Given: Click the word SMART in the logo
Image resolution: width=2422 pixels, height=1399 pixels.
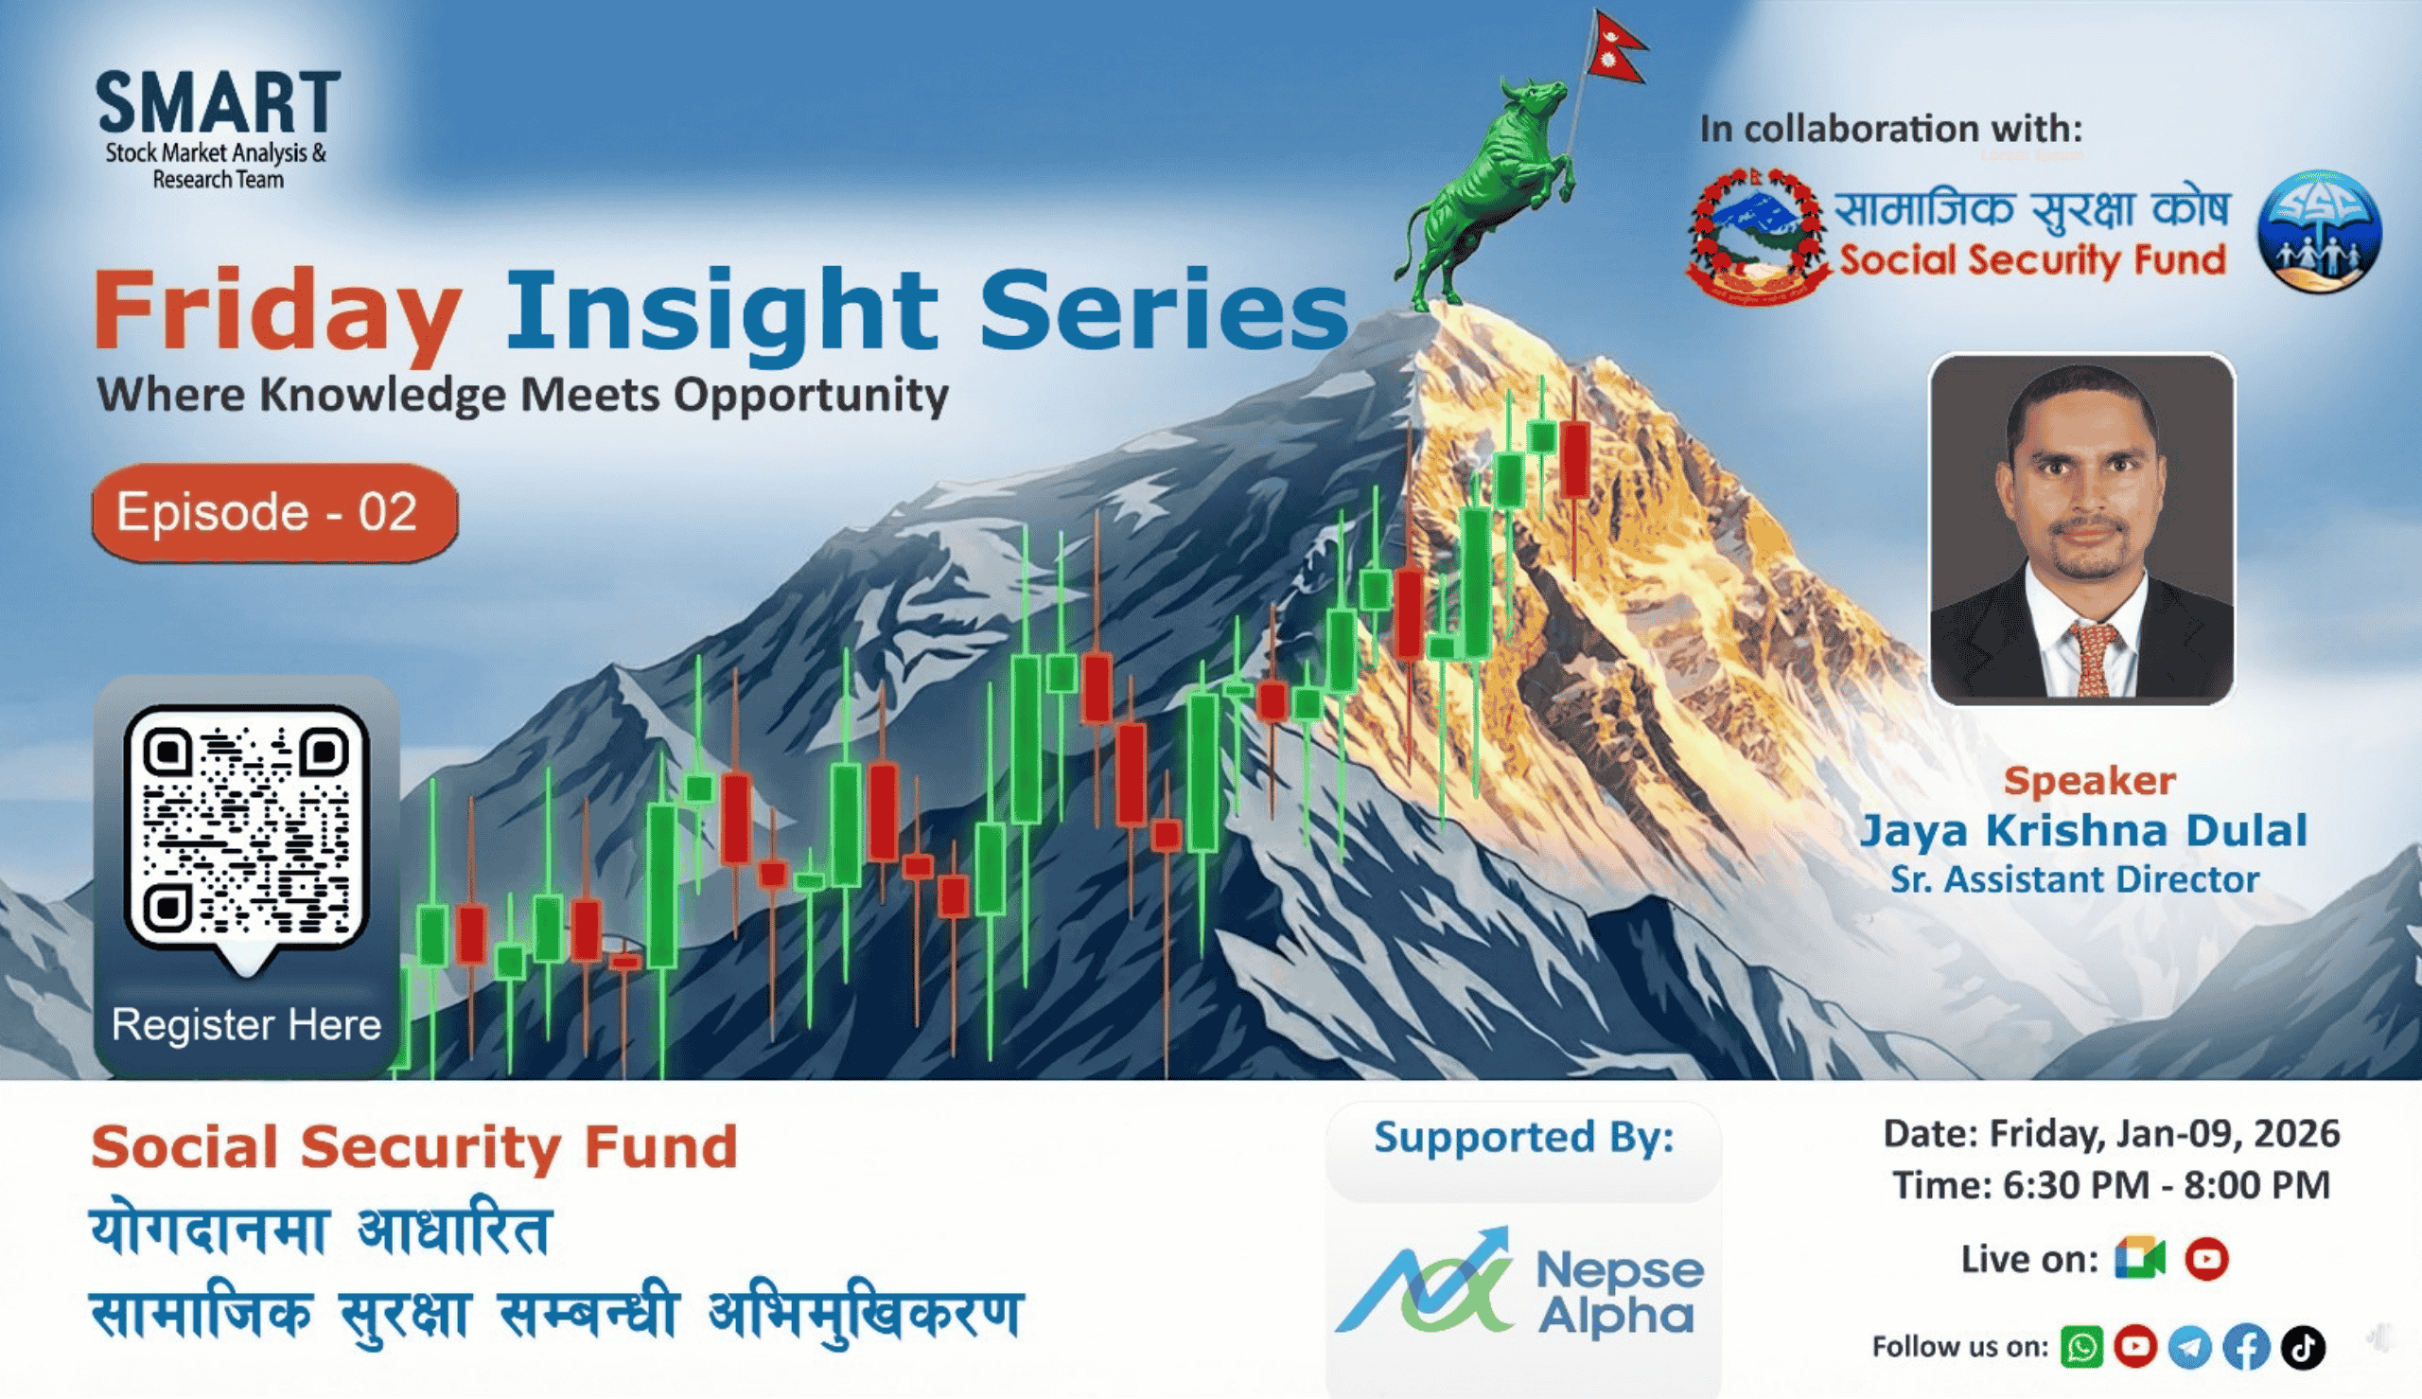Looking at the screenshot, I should tap(218, 103).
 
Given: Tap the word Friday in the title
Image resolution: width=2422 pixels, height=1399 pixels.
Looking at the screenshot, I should tap(277, 311).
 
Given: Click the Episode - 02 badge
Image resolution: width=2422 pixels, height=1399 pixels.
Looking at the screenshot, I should tap(274, 512).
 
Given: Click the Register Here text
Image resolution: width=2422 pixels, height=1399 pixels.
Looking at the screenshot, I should tap(246, 1024).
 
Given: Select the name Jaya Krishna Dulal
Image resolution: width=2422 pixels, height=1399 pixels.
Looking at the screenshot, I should tap(2083, 831).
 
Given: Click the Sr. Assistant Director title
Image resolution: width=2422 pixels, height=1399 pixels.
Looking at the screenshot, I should tap(2075, 880).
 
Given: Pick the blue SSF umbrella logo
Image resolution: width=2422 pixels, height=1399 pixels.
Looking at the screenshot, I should tap(2318, 231).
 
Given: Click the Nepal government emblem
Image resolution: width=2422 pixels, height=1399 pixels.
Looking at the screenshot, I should tap(1759, 236).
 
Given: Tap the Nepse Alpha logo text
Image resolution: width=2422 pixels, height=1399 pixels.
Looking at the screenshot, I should tap(1619, 1292).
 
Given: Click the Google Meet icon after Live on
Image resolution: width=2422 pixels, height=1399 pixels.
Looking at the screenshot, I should tap(2140, 1259).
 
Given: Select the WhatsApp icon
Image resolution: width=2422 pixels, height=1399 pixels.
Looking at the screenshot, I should tap(2081, 1346).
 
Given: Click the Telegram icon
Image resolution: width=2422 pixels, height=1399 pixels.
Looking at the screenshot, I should tap(2190, 1346).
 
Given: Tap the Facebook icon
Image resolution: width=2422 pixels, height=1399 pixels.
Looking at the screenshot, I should tap(2246, 1346).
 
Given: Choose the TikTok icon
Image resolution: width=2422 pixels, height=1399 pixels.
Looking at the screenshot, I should tap(2303, 1346).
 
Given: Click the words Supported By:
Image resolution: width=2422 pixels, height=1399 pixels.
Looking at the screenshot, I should tap(1523, 1138).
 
